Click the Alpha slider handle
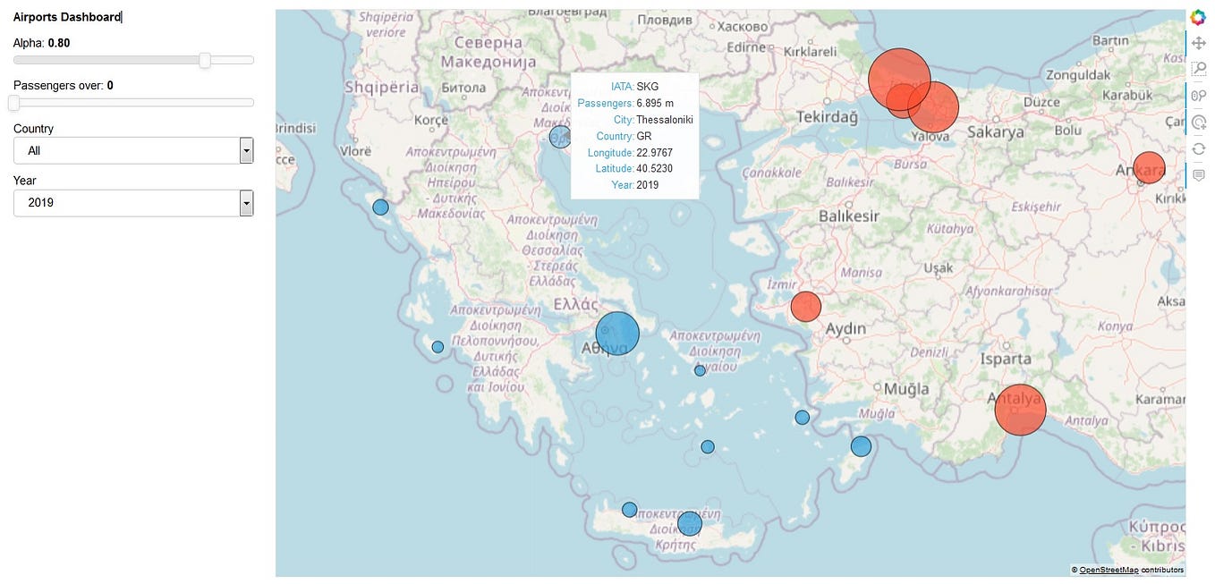205,60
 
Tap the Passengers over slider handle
13,103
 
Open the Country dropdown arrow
246,150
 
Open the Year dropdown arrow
246,203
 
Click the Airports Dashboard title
67,17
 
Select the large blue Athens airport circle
617,334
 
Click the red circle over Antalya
1020,410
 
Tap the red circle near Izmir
806,307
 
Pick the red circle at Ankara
1149,168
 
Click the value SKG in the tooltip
648,87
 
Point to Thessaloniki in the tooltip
665,120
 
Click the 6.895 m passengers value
655,104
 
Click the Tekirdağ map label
827,117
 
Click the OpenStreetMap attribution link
1109,570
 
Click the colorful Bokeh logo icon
1199,18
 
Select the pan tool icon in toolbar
1199,43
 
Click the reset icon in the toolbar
1199,148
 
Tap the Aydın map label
845,328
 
